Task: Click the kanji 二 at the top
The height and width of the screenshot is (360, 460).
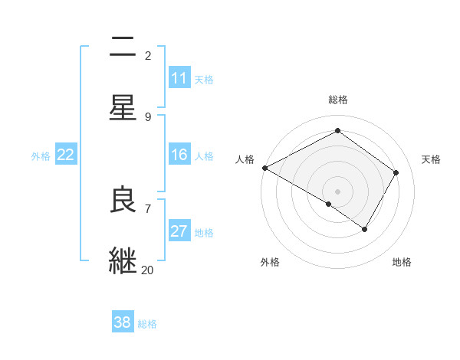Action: point(123,47)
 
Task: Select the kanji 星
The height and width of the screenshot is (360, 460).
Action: point(123,107)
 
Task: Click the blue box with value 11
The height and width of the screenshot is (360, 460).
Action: point(179,78)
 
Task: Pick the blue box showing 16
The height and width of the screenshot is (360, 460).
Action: point(179,155)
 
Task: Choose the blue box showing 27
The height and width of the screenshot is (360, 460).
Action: point(179,231)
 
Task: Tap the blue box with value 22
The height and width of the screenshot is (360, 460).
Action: point(65,155)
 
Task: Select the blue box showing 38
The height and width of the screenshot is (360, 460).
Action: point(122,322)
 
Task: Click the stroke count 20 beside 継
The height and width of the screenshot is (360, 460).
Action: point(147,270)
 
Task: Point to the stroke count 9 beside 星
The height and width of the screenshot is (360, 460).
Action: point(147,116)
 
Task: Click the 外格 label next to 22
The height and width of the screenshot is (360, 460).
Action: point(41,155)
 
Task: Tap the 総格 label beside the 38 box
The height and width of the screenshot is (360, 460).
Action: point(147,323)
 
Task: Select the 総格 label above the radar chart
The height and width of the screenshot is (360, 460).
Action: point(338,100)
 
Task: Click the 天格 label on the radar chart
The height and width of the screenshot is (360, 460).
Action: point(431,159)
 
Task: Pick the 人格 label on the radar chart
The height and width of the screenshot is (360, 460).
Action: point(245,159)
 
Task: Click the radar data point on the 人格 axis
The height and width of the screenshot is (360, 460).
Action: point(264,168)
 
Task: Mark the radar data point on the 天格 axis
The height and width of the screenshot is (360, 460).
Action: point(396,172)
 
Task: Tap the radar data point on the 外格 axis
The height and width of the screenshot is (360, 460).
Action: point(329,204)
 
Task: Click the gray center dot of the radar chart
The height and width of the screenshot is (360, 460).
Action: point(338,191)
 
